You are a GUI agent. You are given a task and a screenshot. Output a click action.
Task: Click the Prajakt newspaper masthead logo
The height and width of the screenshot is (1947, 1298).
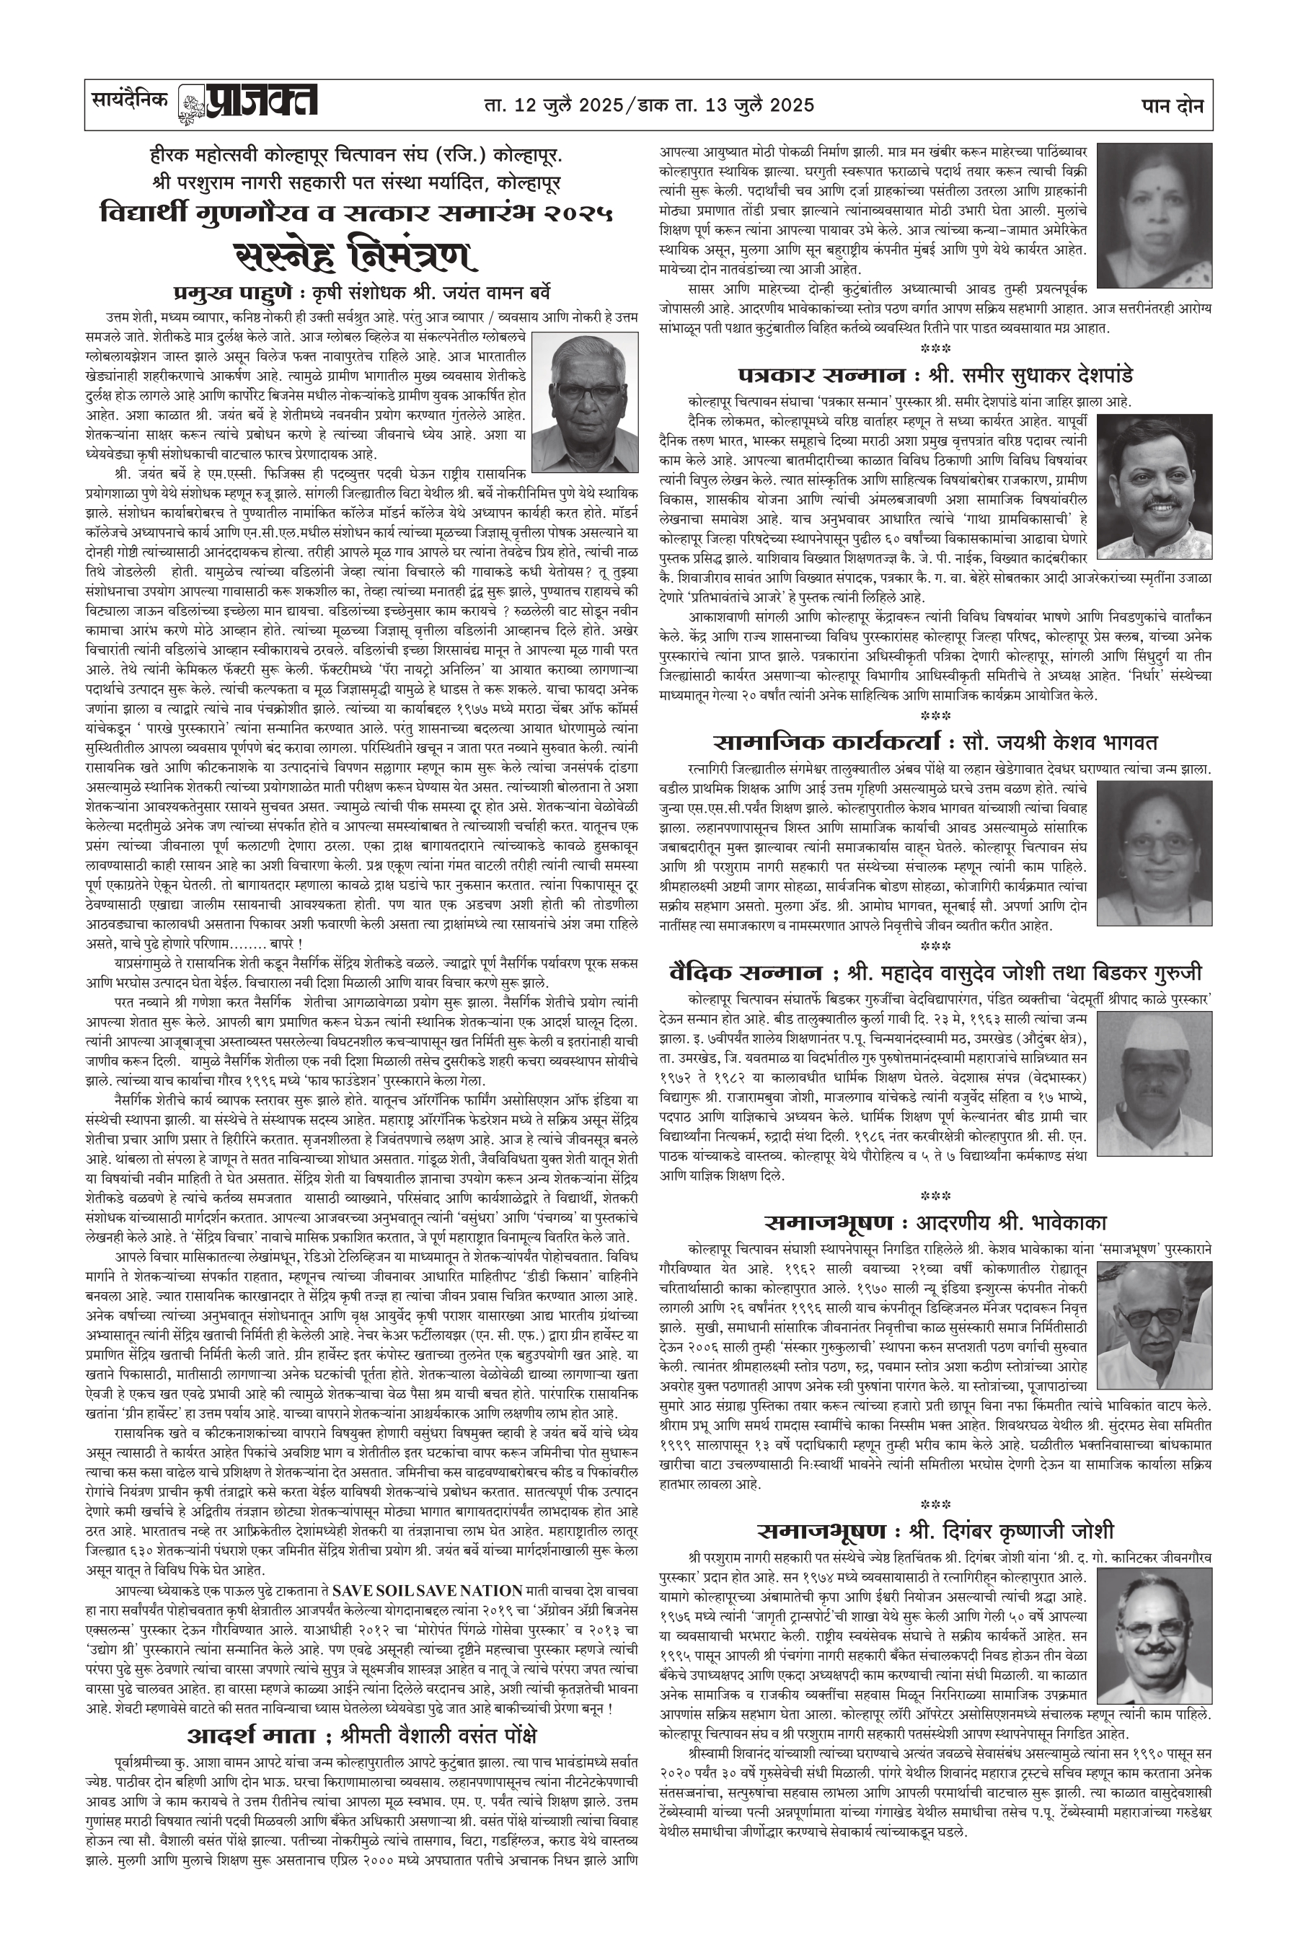[248, 105]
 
